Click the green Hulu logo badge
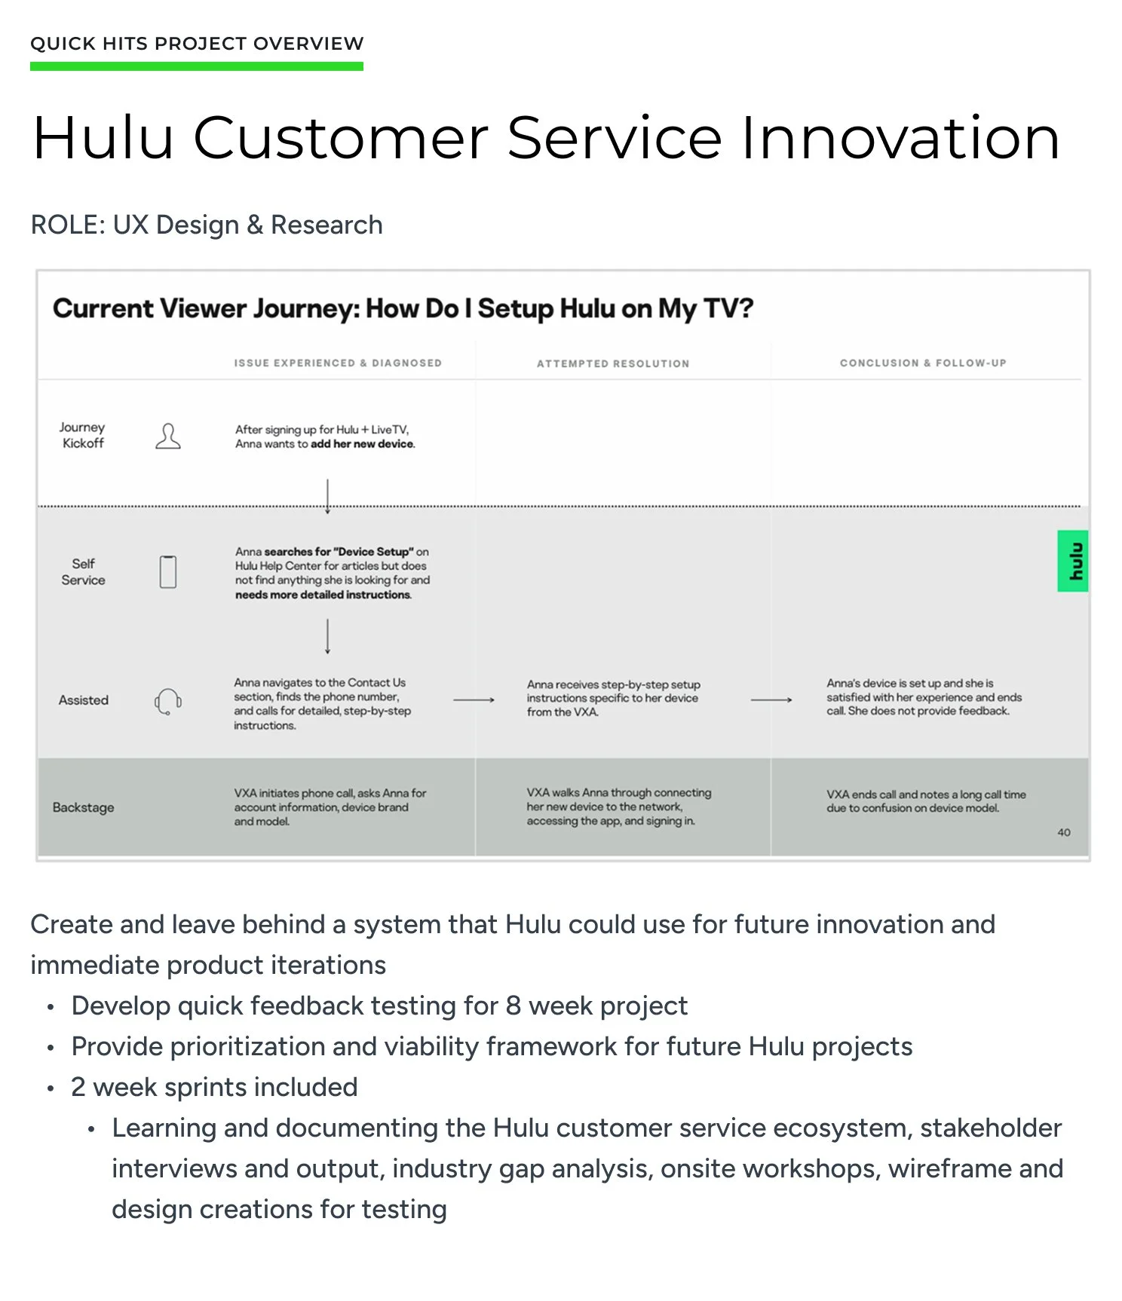tap(1073, 561)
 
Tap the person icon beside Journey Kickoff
tap(168, 436)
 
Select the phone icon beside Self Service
tap(168, 571)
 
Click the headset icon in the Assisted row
tap(168, 701)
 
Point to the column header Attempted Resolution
tap(613, 363)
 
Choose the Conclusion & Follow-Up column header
tap(923, 363)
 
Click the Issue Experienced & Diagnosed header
tap(338, 363)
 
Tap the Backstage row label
tap(84, 807)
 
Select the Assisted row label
tap(84, 700)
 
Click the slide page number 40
tap(1064, 832)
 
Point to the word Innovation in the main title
tap(900, 138)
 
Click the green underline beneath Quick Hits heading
tap(197, 66)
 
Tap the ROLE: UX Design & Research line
tap(207, 225)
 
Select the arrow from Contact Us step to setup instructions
tap(474, 700)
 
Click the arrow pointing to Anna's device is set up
tap(771, 700)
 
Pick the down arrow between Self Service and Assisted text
tap(327, 636)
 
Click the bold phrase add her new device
tap(363, 444)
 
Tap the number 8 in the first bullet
tap(513, 1006)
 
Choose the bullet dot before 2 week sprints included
tap(51, 1088)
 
